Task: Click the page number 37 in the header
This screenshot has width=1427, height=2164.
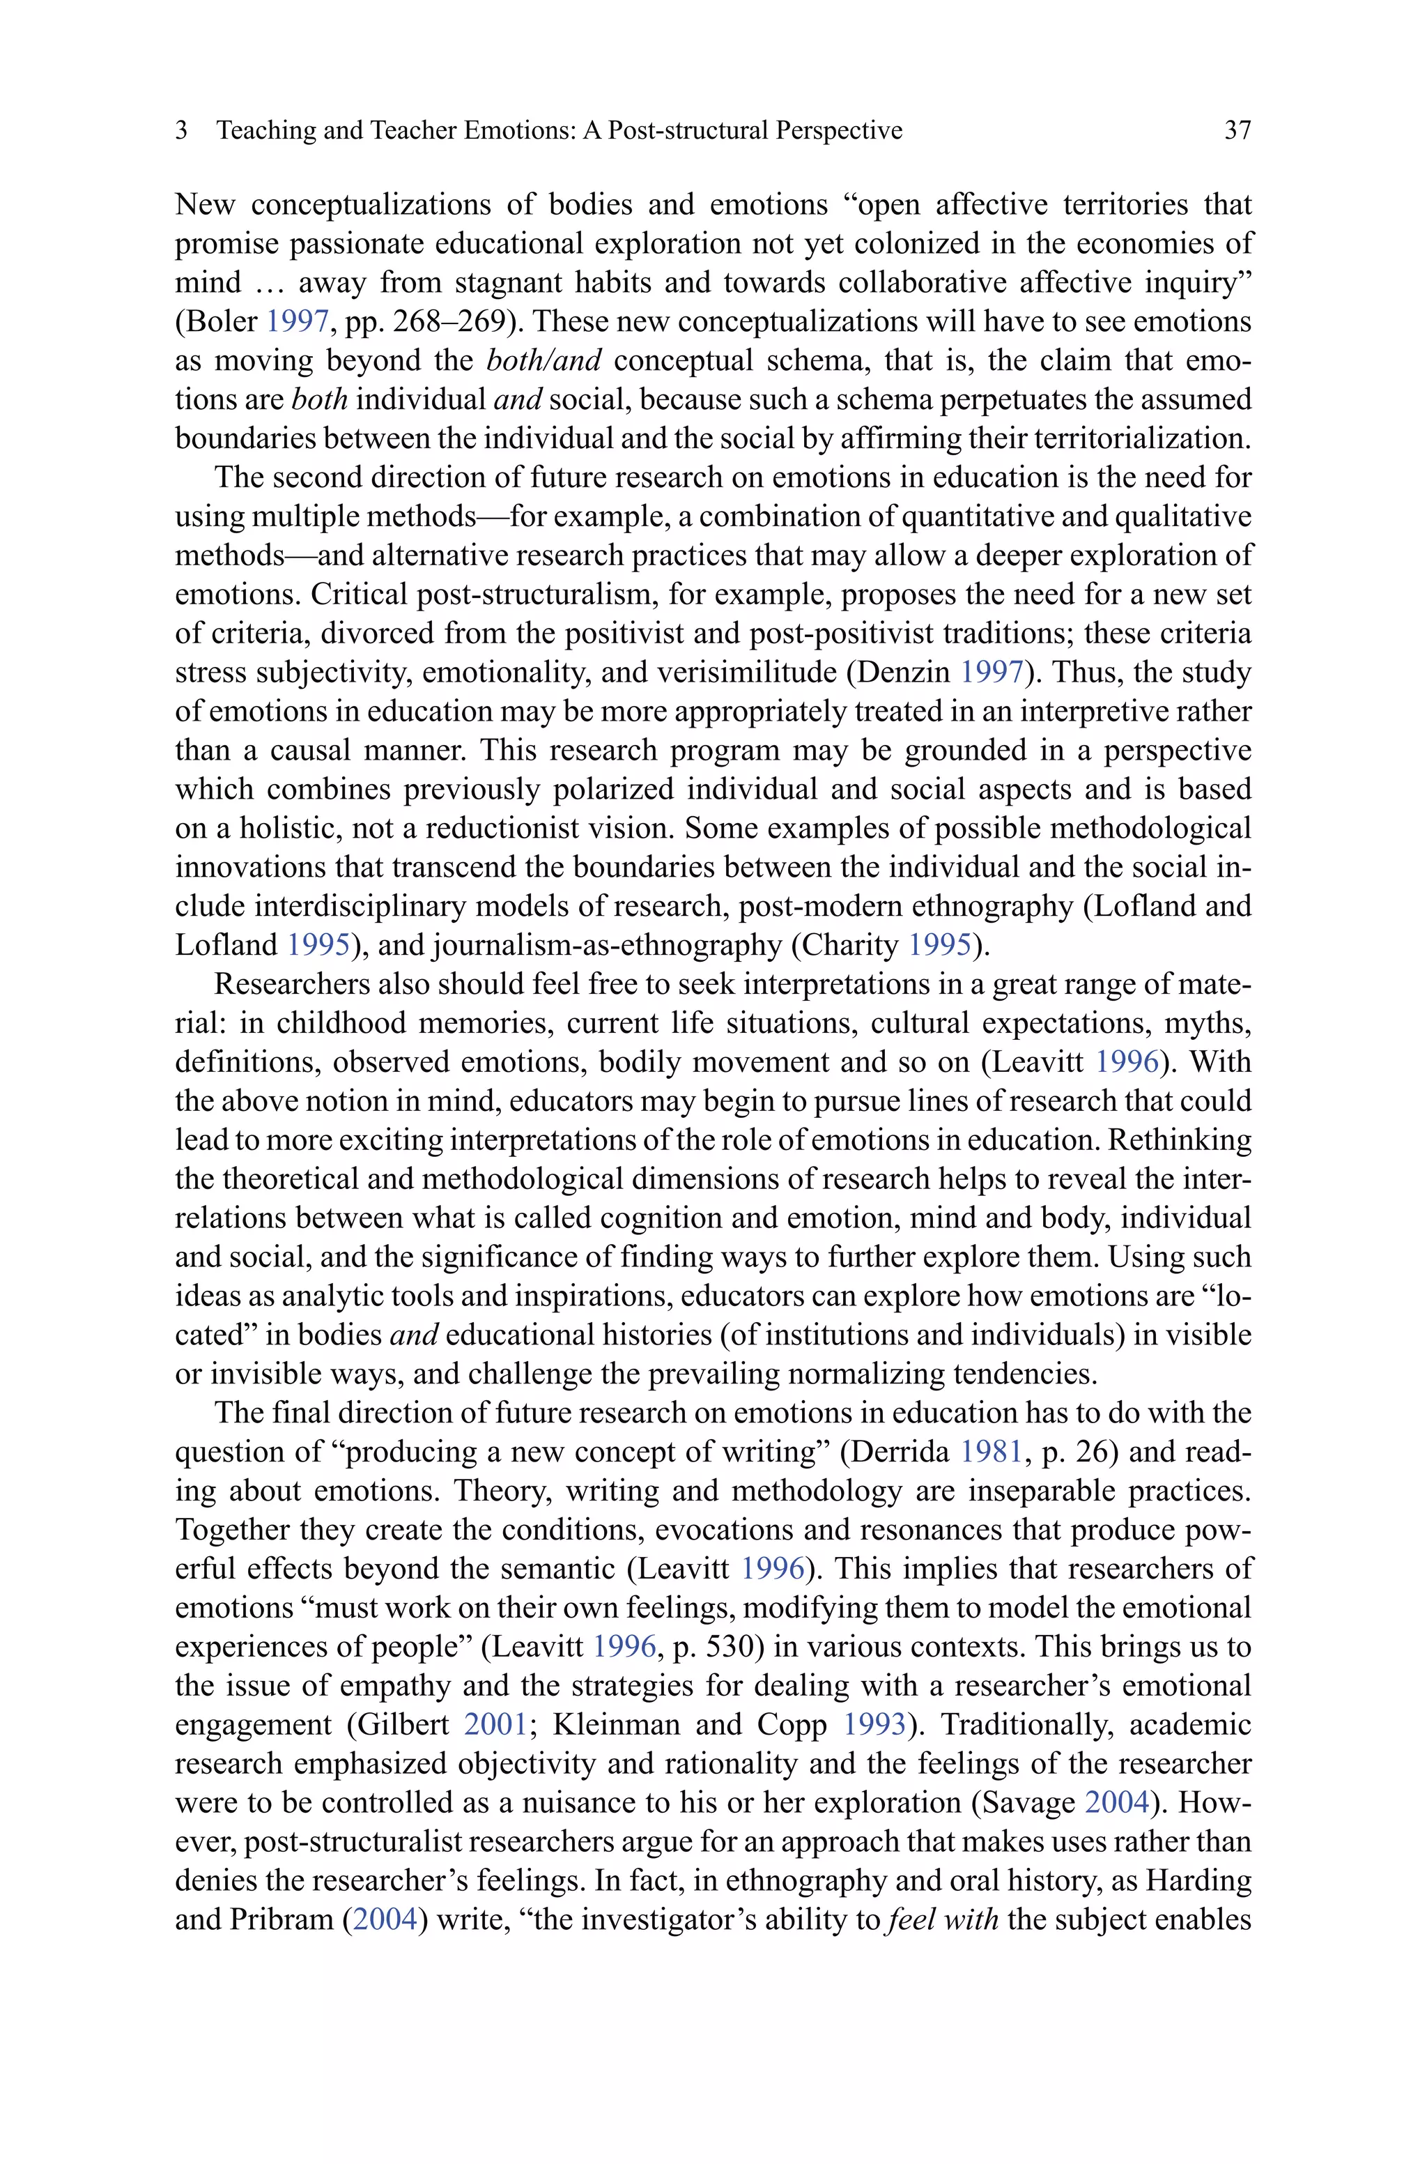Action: [1237, 130]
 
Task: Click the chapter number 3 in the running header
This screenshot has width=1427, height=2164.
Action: [181, 130]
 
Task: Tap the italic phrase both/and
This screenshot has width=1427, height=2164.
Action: [544, 361]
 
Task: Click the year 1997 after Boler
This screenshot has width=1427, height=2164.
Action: [297, 322]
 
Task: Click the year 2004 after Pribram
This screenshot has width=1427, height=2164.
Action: [384, 1920]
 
